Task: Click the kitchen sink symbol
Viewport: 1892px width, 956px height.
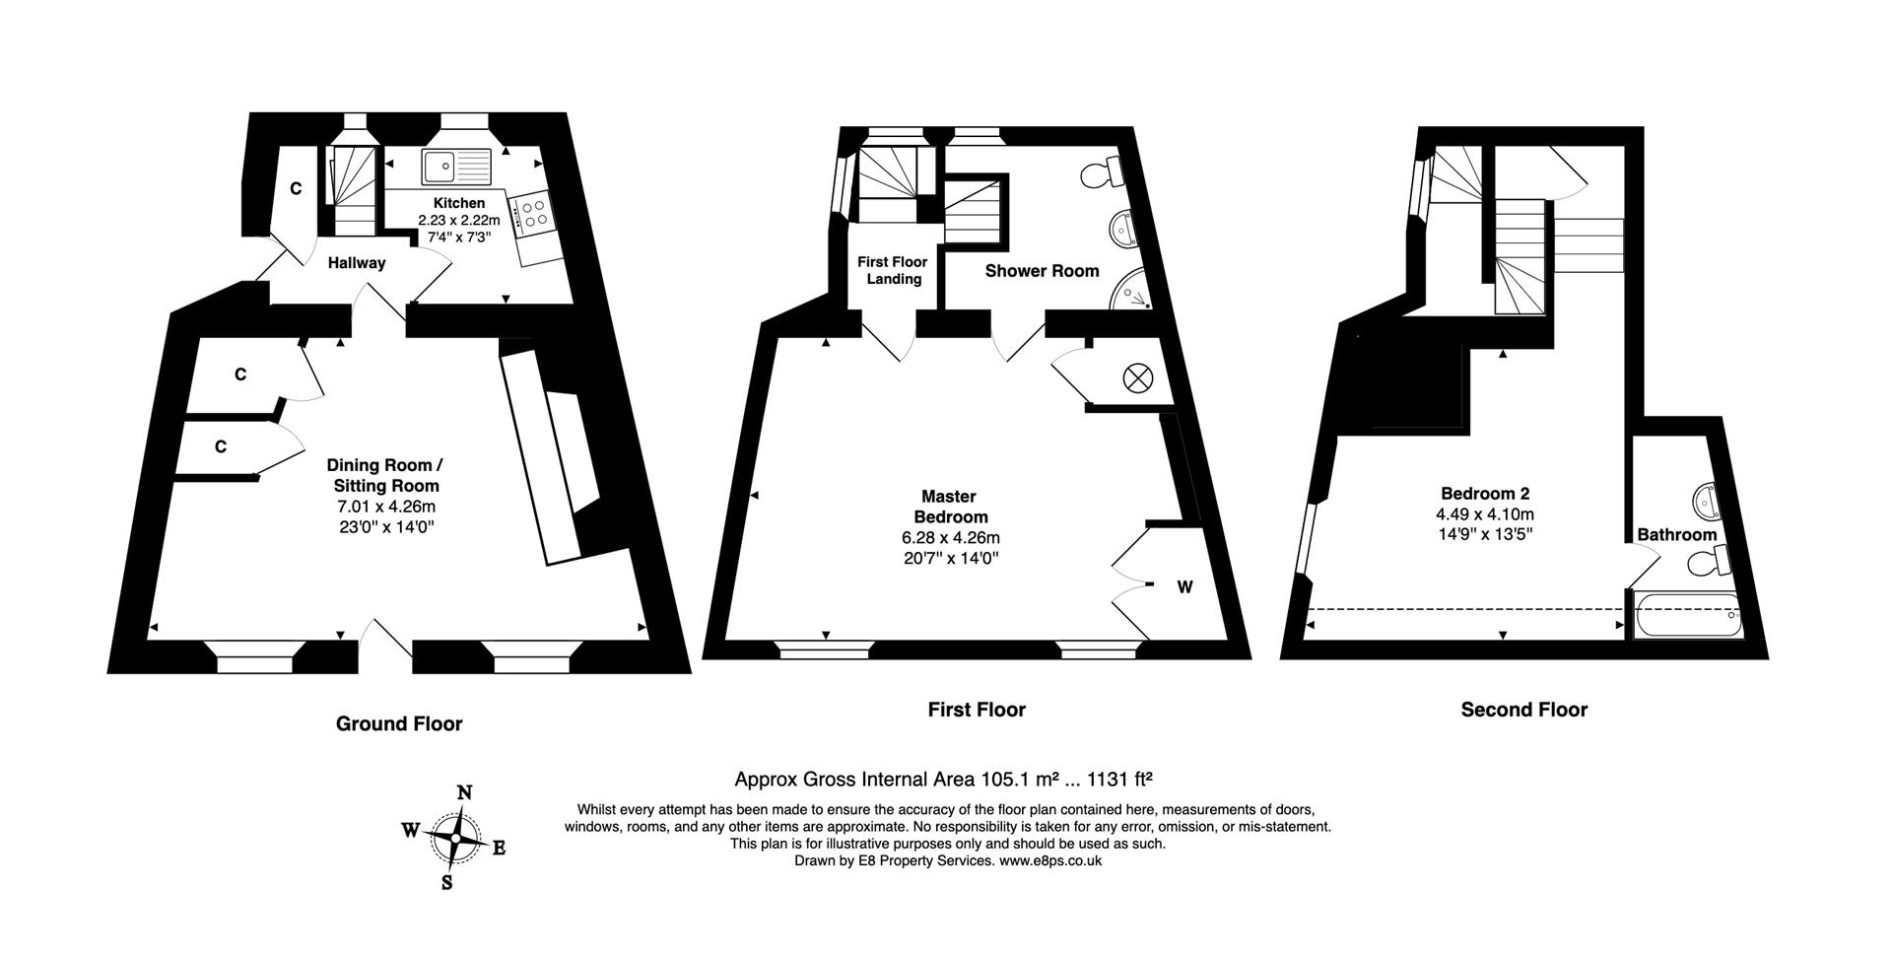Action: click(x=455, y=166)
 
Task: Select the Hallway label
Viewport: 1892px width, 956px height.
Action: click(x=357, y=263)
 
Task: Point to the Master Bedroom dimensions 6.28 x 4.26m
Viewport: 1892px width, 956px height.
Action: click(x=950, y=538)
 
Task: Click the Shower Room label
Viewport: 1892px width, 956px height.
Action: click(x=1042, y=271)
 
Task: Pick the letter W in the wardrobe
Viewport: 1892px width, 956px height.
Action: click(x=1184, y=587)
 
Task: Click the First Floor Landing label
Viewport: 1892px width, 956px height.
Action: click(x=893, y=270)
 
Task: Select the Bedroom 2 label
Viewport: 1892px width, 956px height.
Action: click(x=1484, y=494)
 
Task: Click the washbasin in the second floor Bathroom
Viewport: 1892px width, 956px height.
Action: click(x=1708, y=501)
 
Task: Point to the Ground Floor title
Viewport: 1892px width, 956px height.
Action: click(x=399, y=724)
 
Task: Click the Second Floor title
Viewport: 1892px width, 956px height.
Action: click(x=1523, y=710)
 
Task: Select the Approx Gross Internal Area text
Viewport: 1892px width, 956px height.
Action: click(x=943, y=780)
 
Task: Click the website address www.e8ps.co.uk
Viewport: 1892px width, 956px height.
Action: click(x=1049, y=860)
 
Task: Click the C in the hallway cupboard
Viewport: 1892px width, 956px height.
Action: click(x=296, y=188)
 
